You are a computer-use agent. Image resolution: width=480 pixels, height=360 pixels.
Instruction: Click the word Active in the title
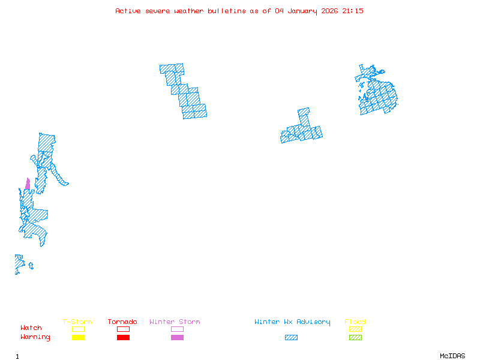[128, 11]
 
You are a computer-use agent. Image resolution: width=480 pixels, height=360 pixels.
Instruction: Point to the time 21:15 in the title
[353, 11]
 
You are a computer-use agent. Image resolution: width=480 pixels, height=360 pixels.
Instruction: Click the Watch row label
[31, 328]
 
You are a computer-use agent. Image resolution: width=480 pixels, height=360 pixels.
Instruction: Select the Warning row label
[35, 337]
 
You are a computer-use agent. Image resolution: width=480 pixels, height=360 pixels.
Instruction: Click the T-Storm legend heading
[77, 322]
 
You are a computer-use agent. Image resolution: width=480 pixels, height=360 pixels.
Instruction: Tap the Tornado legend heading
[122, 322]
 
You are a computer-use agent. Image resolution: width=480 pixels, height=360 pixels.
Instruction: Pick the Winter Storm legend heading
[175, 322]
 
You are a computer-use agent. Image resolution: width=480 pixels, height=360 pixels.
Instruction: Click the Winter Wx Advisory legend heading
[292, 322]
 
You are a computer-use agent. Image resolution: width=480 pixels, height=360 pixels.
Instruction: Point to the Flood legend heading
[355, 322]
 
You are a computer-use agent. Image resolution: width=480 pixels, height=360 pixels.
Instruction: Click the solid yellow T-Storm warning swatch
[78, 338]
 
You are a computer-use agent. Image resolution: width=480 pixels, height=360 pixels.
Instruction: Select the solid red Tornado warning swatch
[123, 338]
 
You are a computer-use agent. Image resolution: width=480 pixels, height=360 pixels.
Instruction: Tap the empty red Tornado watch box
[123, 329]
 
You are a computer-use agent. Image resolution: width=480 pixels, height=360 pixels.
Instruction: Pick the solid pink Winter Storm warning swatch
[177, 338]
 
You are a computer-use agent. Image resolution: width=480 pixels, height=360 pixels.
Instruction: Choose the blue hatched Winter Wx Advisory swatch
[291, 338]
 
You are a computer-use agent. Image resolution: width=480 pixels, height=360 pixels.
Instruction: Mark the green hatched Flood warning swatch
[355, 338]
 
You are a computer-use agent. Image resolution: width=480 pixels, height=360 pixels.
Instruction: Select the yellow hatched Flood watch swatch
[355, 329]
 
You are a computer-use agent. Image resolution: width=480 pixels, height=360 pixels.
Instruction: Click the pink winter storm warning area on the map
[28, 184]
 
